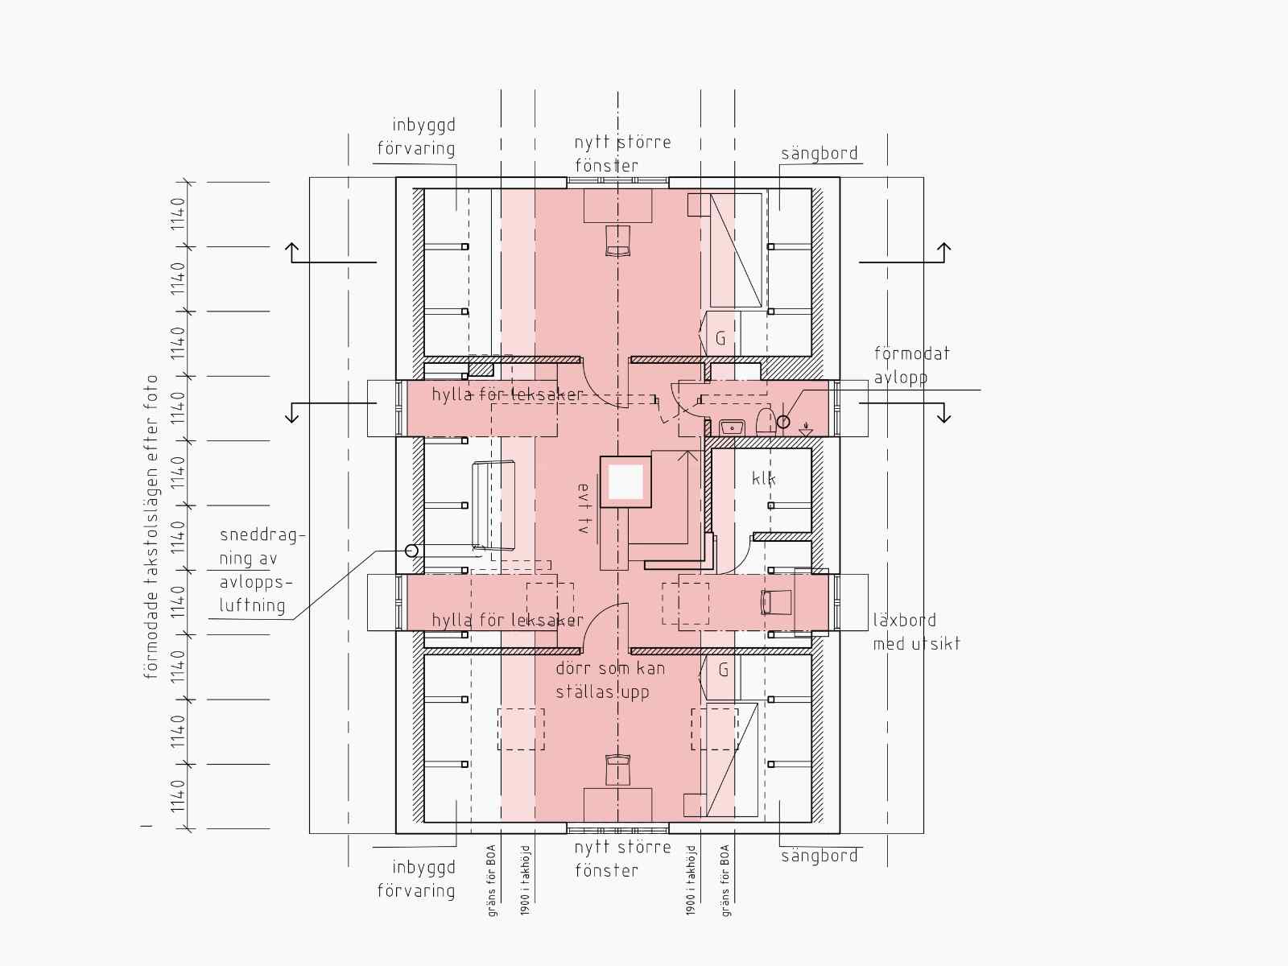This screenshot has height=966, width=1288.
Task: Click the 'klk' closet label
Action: (763, 479)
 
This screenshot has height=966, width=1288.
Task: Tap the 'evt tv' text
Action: (584, 508)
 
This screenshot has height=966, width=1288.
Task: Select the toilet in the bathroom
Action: (766, 421)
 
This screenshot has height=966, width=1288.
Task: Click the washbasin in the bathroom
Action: (732, 427)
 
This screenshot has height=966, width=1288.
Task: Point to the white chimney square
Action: (625, 481)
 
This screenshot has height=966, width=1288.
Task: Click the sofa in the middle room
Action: (493, 505)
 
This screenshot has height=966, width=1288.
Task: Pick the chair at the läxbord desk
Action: (776, 602)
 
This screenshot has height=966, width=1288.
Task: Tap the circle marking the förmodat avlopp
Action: (783, 422)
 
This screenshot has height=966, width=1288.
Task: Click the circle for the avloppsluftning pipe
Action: (412, 551)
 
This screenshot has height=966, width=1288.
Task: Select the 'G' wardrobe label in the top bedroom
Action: (720, 338)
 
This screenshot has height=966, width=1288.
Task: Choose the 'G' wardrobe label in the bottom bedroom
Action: (724, 670)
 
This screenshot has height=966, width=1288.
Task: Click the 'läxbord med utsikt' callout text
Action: (917, 632)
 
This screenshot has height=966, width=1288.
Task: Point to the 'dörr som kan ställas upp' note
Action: (610, 680)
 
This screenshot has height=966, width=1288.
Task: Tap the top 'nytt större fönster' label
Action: (622, 154)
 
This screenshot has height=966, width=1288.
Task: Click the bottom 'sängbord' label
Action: (819, 856)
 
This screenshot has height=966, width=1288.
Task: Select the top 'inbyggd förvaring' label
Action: (416, 137)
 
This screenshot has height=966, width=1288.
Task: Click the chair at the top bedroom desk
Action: (618, 241)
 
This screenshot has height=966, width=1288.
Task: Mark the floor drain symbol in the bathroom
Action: (807, 429)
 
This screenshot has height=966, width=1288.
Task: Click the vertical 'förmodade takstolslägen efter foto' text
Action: (151, 526)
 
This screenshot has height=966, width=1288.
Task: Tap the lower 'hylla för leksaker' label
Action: (508, 620)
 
